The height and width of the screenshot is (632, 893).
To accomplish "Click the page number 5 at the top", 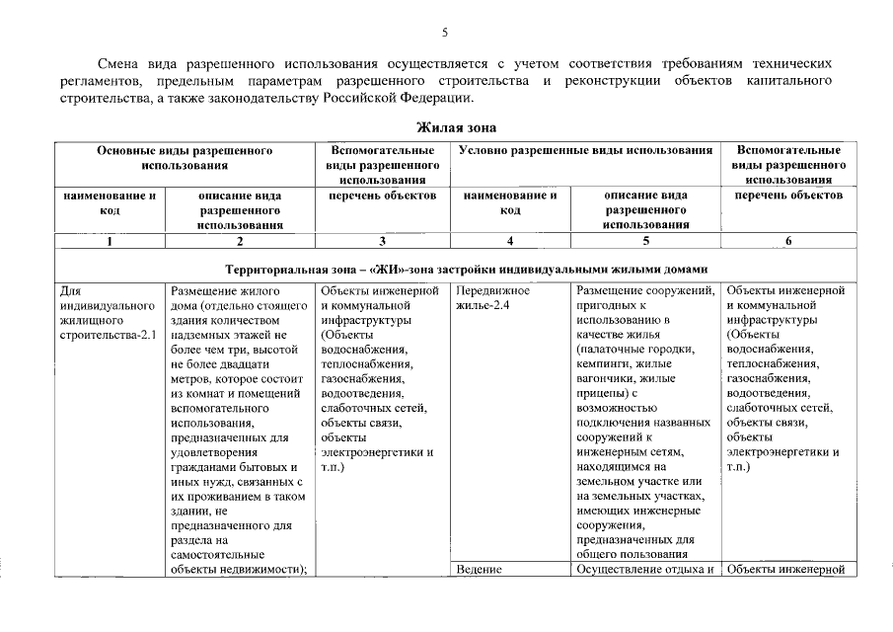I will [x=445, y=33].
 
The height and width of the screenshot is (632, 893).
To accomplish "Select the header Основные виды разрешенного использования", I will [x=185, y=158].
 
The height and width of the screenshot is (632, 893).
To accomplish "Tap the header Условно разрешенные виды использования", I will [x=585, y=150].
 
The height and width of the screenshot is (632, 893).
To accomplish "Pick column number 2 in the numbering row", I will [x=239, y=240].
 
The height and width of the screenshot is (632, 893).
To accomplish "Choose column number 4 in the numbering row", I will [x=509, y=240].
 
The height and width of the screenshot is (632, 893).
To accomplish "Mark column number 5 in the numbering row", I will [x=646, y=240].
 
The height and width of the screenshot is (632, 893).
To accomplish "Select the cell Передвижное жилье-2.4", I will [x=494, y=298].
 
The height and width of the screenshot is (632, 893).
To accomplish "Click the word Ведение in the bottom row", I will [x=481, y=570].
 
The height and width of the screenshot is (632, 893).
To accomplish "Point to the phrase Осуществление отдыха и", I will [x=645, y=570].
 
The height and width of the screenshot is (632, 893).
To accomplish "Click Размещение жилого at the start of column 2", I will [x=226, y=291].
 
